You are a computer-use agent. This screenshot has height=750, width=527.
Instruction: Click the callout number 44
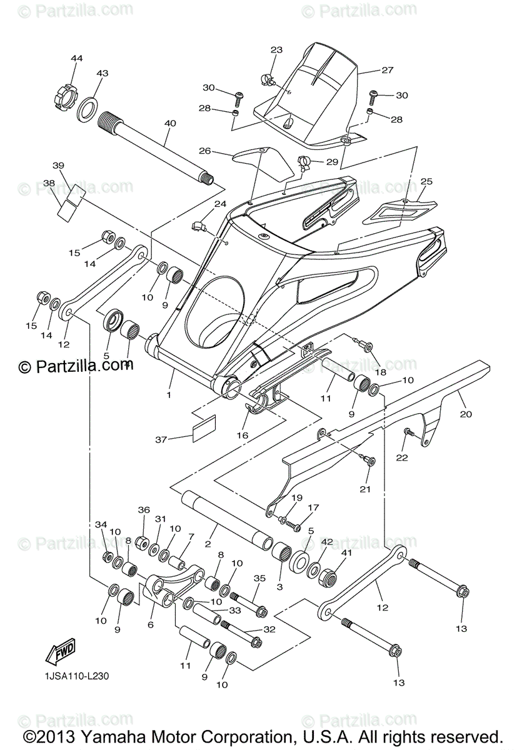(76, 58)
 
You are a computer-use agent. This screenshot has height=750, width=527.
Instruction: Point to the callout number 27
(387, 71)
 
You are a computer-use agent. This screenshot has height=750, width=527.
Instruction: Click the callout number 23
(276, 51)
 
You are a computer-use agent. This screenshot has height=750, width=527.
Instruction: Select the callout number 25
(426, 182)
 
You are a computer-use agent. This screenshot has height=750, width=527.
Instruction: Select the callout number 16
(242, 435)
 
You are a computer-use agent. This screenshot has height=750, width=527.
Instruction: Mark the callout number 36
(144, 510)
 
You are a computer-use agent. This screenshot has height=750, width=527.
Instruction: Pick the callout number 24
(219, 204)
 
